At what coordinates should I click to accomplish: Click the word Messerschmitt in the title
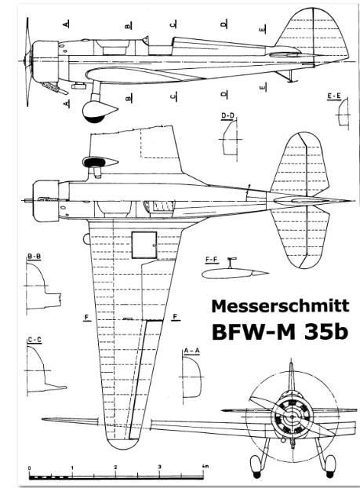tap(280, 306)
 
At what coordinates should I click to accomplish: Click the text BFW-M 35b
tap(279, 332)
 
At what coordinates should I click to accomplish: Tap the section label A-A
tap(192, 351)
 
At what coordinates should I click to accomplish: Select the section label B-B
tap(34, 257)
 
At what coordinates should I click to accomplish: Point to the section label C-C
tap(35, 340)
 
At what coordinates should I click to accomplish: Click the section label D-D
tap(227, 116)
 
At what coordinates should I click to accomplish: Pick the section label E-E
tap(334, 97)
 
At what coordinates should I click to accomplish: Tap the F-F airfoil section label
tap(213, 260)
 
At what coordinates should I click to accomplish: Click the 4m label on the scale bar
tap(205, 466)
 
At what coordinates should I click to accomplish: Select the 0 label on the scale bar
tap(29, 468)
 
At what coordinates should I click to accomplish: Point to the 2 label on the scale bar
tap(116, 467)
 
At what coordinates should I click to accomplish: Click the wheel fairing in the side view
tap(99, 111)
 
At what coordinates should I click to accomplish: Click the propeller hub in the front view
tap(292, 416)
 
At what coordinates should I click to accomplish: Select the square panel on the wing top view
tap(144, 245)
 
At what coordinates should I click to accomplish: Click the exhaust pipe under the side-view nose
tap(55, 88)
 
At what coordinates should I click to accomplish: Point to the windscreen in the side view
tap(145, 40)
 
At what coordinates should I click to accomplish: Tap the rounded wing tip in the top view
tap(122, 441)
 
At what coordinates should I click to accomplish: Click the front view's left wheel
tap(256, 467)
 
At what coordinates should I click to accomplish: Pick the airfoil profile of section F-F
tap(235, 273)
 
